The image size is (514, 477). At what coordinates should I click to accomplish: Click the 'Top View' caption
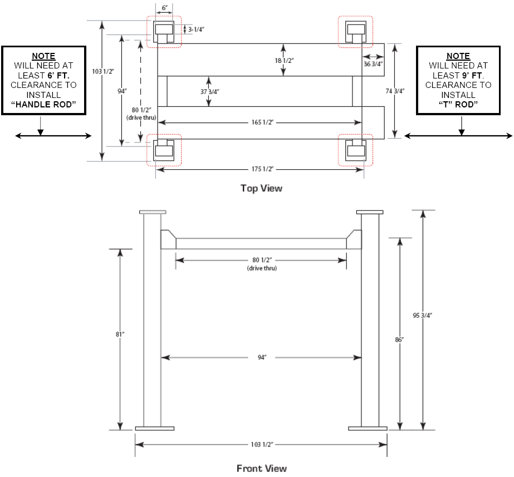click(261, 188)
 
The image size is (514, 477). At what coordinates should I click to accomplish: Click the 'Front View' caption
click(262, 469)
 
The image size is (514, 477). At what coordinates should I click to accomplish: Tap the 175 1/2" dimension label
click(262, 169)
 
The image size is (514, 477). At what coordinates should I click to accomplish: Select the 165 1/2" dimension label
click(262, 122)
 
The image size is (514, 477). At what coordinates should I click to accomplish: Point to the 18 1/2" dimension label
click(284, 61)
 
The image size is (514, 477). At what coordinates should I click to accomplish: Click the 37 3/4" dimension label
click(210, 92)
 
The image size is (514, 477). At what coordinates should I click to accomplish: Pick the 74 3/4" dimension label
click(395, 91)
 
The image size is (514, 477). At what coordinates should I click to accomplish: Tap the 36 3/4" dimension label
click(373, 64)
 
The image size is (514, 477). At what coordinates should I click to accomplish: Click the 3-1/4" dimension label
click(196, 29)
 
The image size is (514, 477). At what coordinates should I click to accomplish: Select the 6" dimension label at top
click(165, 8)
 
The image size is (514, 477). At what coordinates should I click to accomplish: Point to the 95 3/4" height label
click(422, 316)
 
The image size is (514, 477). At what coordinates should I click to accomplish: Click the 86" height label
click(399, 340)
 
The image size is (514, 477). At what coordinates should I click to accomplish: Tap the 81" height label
click(120, 335)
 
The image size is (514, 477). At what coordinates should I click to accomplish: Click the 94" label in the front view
click(262, 357)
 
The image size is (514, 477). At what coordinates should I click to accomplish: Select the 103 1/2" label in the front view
click(262, 445)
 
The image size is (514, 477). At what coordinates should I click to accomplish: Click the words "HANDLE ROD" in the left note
click(43, 105)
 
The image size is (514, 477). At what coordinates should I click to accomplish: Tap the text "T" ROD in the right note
click(458, 105)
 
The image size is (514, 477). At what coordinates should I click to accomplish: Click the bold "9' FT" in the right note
click(472, 75)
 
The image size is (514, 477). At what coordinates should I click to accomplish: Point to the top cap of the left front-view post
click(153, 212)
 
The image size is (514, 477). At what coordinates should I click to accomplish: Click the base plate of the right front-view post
click(368, 429)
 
